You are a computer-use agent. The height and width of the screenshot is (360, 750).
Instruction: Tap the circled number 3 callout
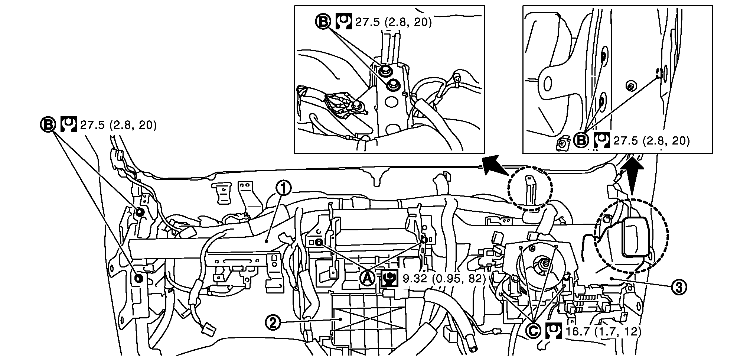(679, 286)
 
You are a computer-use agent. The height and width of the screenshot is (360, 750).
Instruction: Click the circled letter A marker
(367, 278)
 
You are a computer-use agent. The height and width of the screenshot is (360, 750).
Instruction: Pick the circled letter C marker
(534, 330)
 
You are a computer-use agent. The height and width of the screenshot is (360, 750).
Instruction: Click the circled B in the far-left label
(48, 125)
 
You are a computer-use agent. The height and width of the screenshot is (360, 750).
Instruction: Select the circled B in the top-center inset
(323, 22)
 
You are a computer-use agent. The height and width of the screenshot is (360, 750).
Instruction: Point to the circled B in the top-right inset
(581, 140)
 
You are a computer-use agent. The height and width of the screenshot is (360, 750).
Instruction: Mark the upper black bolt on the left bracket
(140, 212)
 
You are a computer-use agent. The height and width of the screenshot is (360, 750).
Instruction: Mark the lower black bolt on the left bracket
(139, 279)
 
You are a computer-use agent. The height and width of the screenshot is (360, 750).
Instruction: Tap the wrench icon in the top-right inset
(602, 140)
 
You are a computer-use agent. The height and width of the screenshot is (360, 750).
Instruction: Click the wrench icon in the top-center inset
(343, 22)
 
